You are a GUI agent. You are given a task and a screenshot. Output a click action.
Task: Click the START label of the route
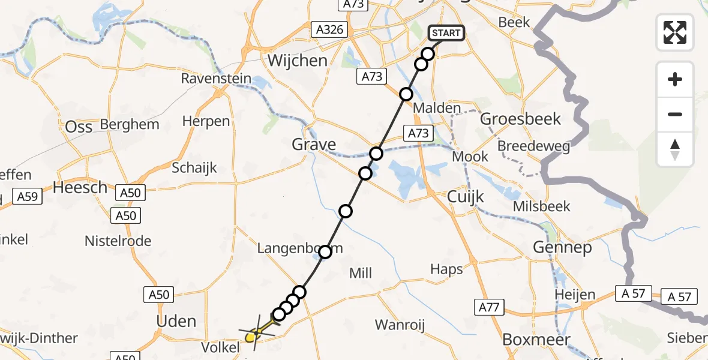[446, 32]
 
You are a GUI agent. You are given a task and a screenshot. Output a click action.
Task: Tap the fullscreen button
[675, 32]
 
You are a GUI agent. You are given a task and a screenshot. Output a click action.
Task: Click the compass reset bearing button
[675, 149]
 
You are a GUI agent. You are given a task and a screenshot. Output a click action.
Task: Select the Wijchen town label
[298, 61]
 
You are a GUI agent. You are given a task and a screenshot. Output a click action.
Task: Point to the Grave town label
[314, 145]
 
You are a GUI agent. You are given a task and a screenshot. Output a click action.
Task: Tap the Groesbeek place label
[521, 119]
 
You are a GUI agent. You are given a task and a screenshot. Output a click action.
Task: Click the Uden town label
[176, 321]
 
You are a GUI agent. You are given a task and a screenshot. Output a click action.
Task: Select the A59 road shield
[28, 196]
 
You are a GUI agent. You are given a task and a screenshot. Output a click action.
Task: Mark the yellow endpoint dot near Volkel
[251, 337]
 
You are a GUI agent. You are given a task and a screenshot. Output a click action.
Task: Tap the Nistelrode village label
[118, 241]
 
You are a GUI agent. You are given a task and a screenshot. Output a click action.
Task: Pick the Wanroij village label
[400, 325]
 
